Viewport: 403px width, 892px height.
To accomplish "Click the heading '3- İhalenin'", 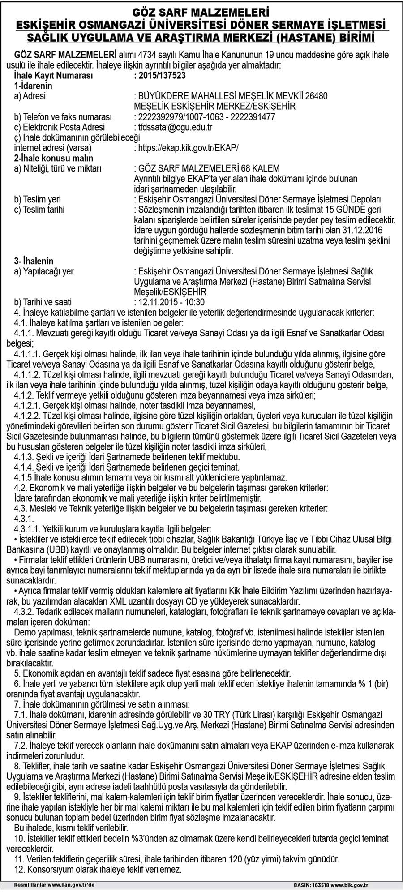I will pos(34,261).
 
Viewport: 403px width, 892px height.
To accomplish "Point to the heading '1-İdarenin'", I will pos(34,86).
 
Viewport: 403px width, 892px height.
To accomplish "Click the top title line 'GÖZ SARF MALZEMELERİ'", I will pos(201,10).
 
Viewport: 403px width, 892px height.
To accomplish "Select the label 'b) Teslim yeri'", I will pos(38,199).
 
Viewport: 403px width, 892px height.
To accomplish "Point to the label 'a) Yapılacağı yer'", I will pos(44,271).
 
